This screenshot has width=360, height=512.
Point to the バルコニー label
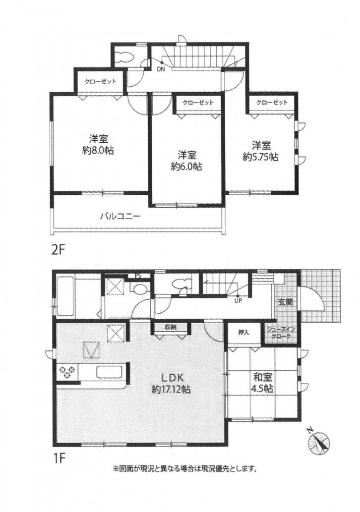point(120,216)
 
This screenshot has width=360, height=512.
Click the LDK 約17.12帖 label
point(171,383)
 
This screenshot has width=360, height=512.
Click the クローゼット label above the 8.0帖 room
point(97,82)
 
